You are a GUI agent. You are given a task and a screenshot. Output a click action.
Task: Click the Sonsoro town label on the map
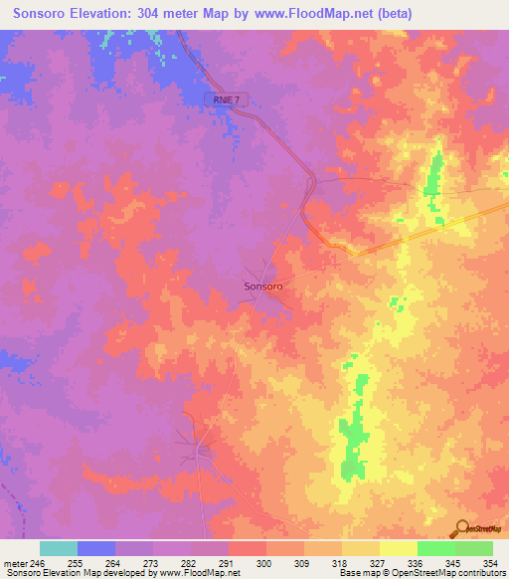coord(264,286)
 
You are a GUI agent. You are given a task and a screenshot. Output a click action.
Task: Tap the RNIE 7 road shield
coord(226,99)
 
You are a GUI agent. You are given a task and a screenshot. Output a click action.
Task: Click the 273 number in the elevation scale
coord(152,562)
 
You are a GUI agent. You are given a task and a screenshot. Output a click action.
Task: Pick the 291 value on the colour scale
coord(228,562)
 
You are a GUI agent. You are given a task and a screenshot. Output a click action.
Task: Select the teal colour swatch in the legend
coord(59,548)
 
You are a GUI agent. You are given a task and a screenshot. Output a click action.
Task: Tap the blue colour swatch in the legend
coord(96,548)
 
